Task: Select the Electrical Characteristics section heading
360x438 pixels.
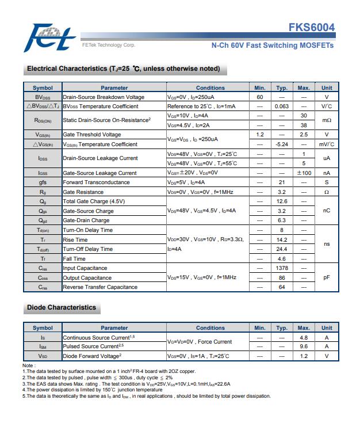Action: point(124,69)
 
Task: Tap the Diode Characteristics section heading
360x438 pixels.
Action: point(62,307)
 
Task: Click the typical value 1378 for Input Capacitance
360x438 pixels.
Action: point(282,268)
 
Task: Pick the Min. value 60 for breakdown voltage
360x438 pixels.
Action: point(260,97)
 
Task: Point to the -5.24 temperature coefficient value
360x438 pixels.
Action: point(282,144)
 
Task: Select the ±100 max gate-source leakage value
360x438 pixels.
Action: point(304,173)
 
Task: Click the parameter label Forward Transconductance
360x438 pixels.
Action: point(96,182)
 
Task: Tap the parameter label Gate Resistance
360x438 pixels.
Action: point(83,192)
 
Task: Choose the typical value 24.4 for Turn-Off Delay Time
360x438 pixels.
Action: point(282,249)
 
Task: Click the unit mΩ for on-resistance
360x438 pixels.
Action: point(327,120)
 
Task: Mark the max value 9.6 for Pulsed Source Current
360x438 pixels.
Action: point(304,346)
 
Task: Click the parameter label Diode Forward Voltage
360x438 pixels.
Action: point(95,356)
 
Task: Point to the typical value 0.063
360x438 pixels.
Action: point(282,106)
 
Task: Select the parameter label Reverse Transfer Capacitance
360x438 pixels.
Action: point(100,287)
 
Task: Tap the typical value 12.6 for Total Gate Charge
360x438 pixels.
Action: point(282,201)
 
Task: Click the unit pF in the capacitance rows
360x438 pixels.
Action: point(327,277)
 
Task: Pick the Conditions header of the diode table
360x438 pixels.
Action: point(210,328)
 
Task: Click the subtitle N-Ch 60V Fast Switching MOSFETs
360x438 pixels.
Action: point(272,45)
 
